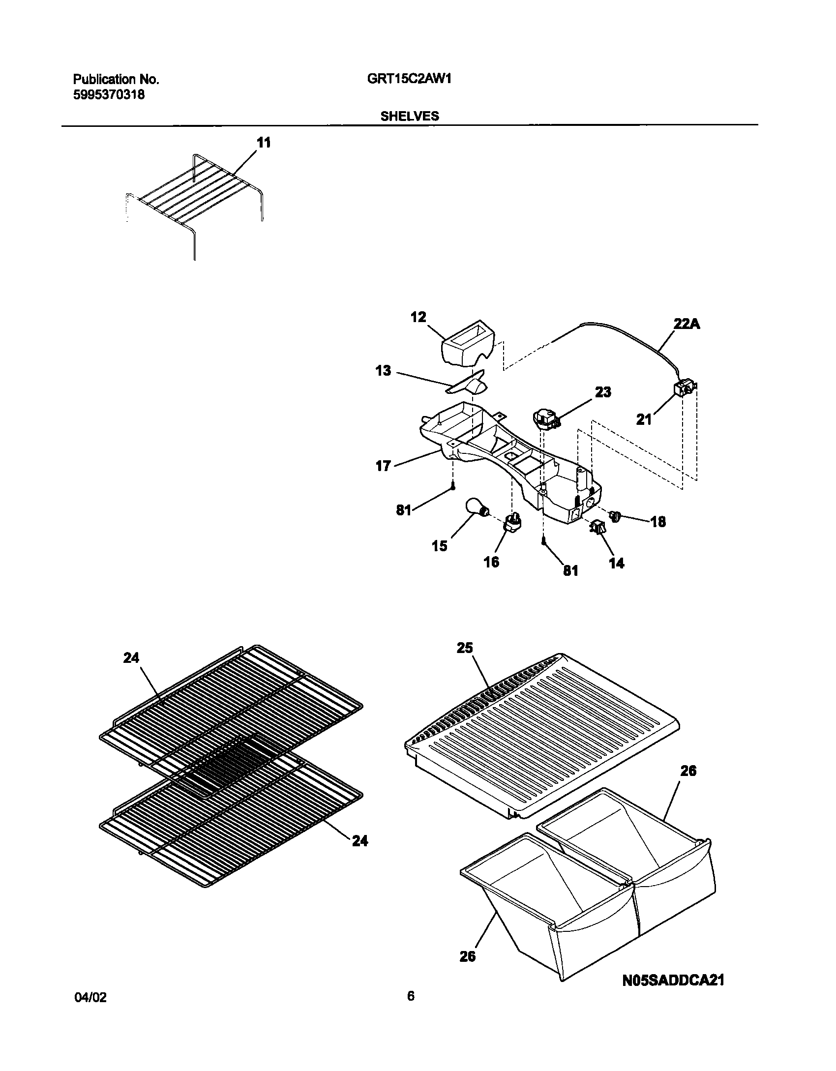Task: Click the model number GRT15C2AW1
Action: [409, 79]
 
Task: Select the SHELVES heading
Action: [409, 116]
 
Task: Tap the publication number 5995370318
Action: [109, 95]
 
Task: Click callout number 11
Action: [264, 143]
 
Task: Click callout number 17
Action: [383, 466]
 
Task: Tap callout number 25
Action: [464, 648]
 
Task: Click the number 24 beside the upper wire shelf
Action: [131, 657]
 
